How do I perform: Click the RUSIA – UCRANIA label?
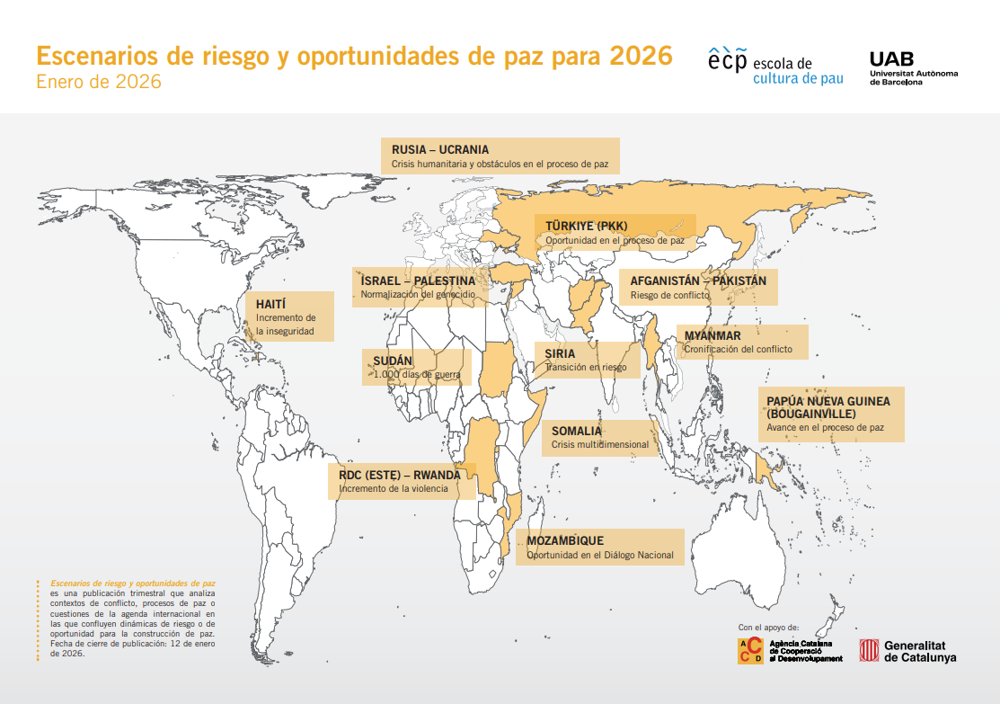[x=440, y=149]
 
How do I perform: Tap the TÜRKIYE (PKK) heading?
[x=587, y=226]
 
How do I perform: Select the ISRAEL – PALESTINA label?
[x=418, y=281]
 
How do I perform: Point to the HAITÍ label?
[x=270, y=303]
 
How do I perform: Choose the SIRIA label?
[x=560, y=353]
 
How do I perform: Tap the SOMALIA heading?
[x=577, y=431]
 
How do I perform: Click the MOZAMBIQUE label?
[x=565, y=540]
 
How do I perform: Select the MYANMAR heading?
[x=712, y=335]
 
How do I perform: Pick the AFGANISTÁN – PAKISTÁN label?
[x=698, y=281]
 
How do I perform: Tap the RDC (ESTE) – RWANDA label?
[x=399, y=475]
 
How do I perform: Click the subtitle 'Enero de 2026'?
[x=99, y=83]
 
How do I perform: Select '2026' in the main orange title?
[x=640, y=56]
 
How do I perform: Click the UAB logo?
[x=913, y=67]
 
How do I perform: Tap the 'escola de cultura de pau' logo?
[x=774, y=68]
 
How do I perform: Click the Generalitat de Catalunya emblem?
[x=869, y=651]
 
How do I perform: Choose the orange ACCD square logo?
[x=750, y=651]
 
